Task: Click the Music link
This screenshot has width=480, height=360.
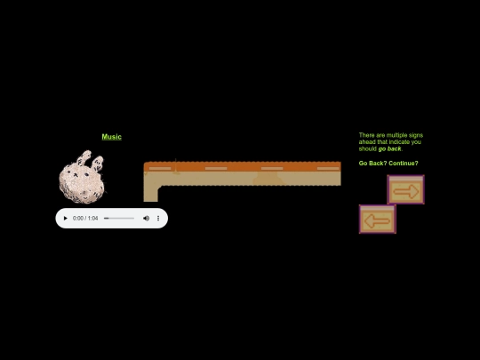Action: (x=112, y=137)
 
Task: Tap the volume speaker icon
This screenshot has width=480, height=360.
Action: (x=146, y=219)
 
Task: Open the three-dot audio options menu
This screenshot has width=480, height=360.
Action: (x=158, y=219)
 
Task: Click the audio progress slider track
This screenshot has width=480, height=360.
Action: (x=119, y=219)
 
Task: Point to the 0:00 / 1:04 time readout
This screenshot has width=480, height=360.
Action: (x=85, y=219)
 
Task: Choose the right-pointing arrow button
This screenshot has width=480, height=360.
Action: (x=405, y=190)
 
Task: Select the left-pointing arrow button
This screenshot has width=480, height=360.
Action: (x=378, y=220)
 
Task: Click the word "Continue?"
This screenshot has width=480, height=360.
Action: (x=404, y=164)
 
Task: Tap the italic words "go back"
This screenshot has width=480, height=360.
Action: (x=389, y=148)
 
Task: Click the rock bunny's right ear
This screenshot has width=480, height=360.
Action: (x=98, y=164)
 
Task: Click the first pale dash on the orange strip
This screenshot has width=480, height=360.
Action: (x=160, y=169)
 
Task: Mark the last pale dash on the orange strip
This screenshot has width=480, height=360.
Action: (x=328, y=169)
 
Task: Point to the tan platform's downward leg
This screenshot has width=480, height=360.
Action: (x=150, y=193)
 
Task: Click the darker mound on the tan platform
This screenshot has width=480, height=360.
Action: (x=268, y=179)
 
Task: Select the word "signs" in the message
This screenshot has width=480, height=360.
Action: (x=416, y=135)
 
